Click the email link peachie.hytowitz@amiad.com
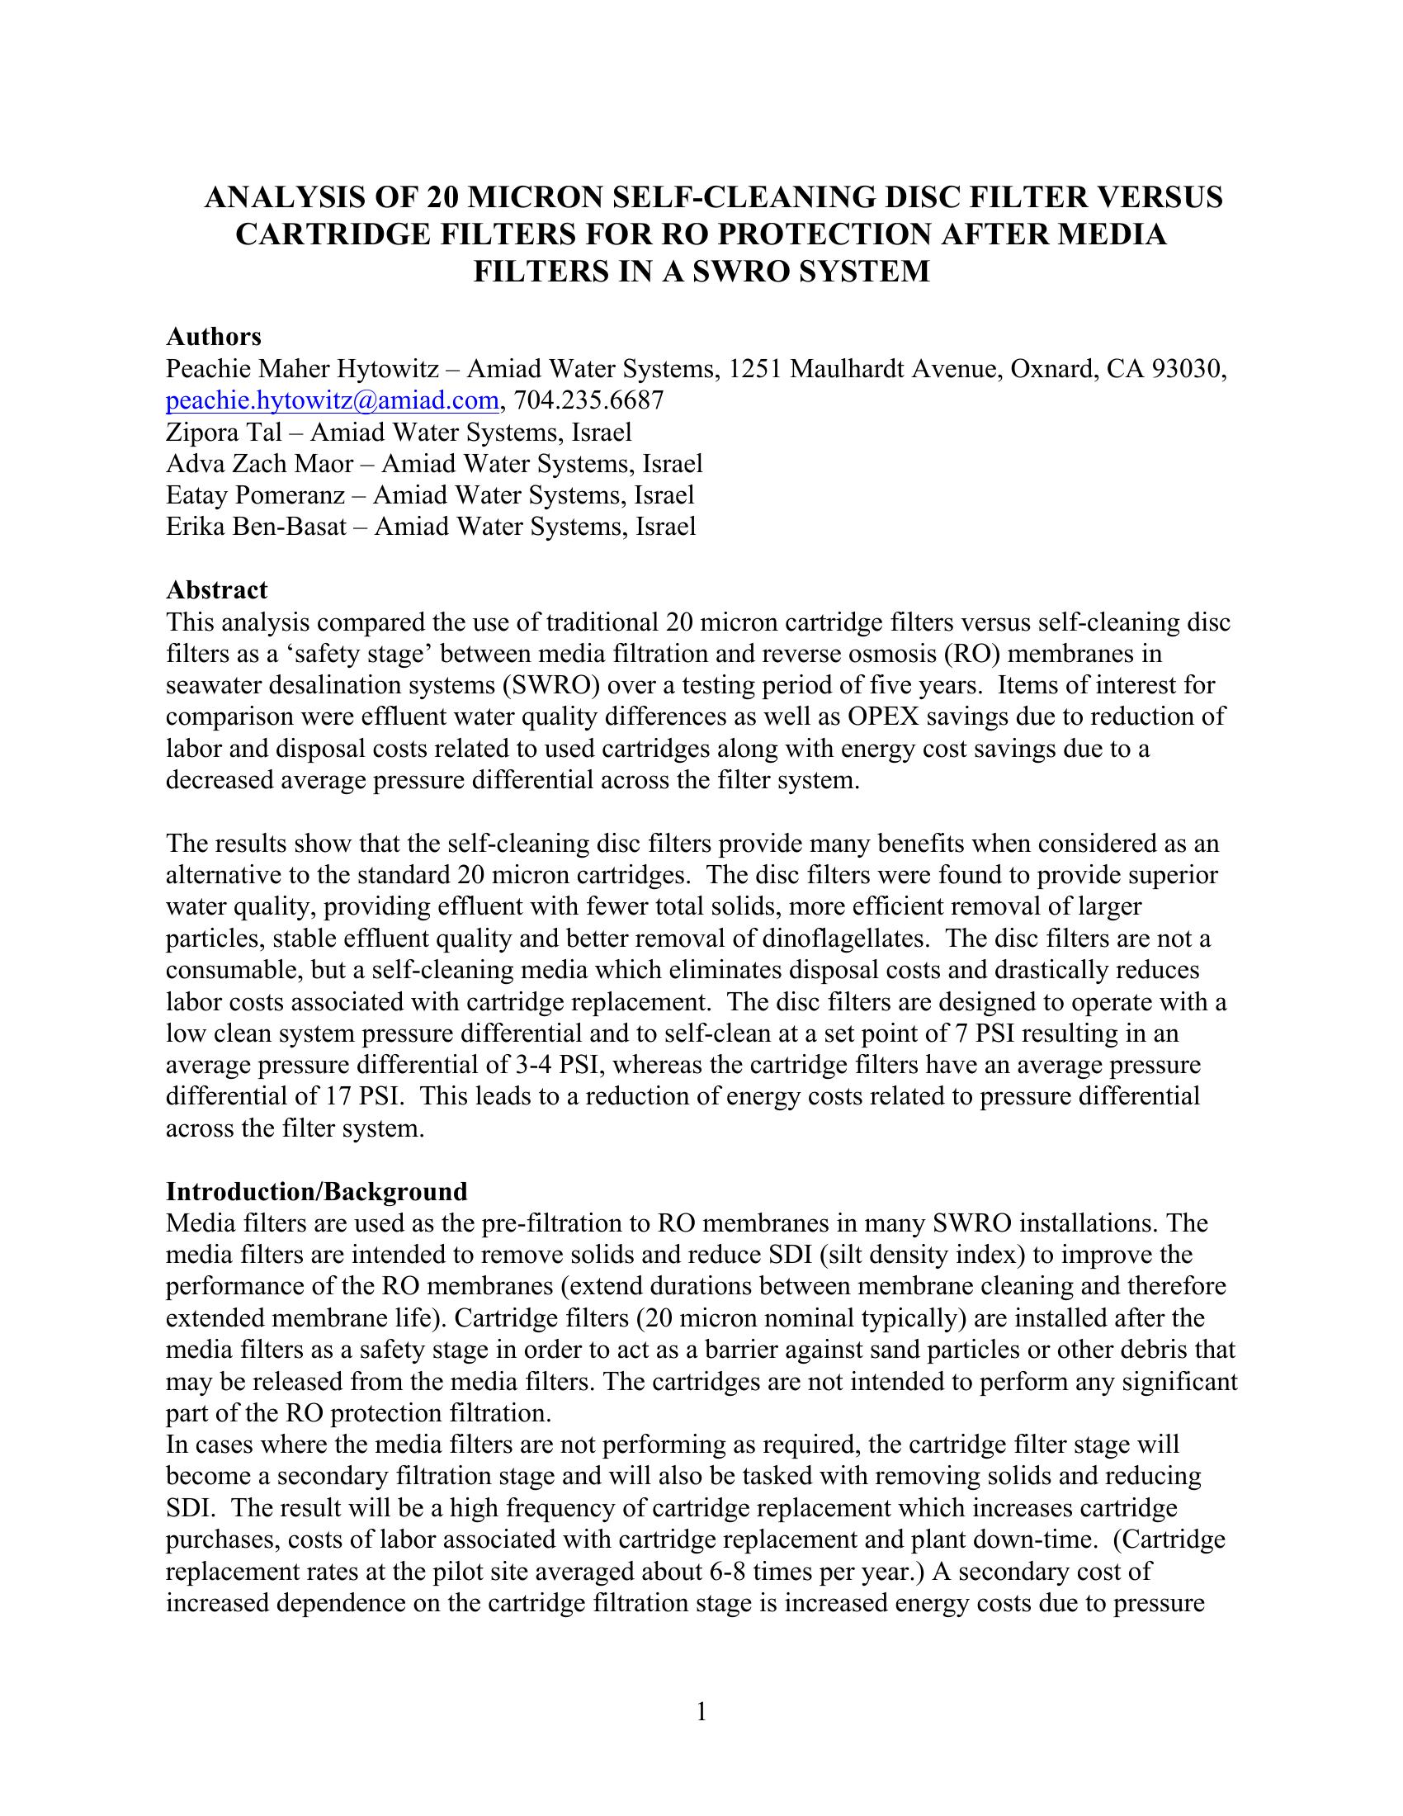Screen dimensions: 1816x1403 (332, 401)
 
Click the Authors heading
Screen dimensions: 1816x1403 (214, 337)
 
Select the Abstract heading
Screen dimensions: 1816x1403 (217, 590)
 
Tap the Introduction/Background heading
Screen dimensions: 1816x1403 (317, 1191)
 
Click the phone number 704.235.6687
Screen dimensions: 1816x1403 (589, 401)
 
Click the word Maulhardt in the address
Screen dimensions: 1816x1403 (846, 369)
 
